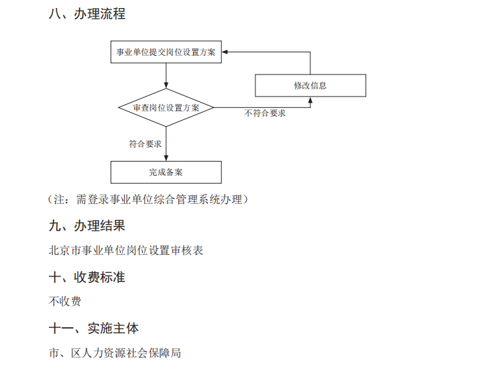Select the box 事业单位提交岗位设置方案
click(x=166, y=52)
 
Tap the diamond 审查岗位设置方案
click(x=166, y=107)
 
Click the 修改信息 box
click(x=310, y=86)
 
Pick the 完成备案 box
click(x=166, y=172)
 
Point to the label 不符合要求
click(x=265, y=113)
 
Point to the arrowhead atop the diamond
click(x=166, y=85)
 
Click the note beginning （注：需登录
click(x=148, y=199)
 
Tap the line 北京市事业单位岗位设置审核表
click(x=126, y=251)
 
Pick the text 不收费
click(x=65, y=302)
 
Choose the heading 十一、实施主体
click(x=93, y=329)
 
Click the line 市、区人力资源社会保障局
click(x=115, y=353)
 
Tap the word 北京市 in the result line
click(x=65, y=251)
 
